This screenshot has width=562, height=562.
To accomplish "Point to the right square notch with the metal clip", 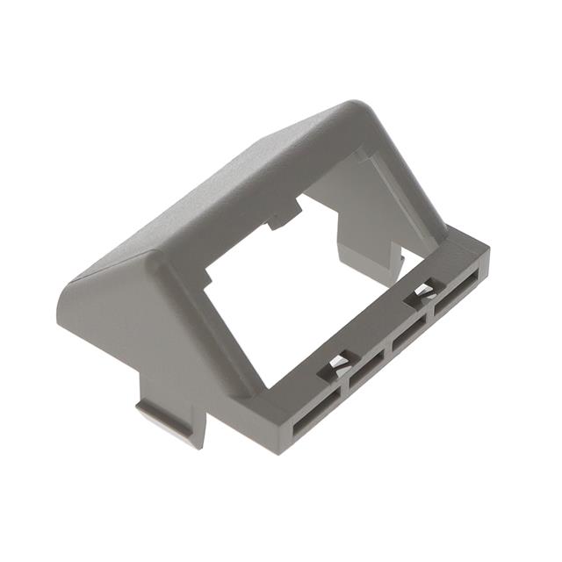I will pyautogui.click(x=425, y=290).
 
